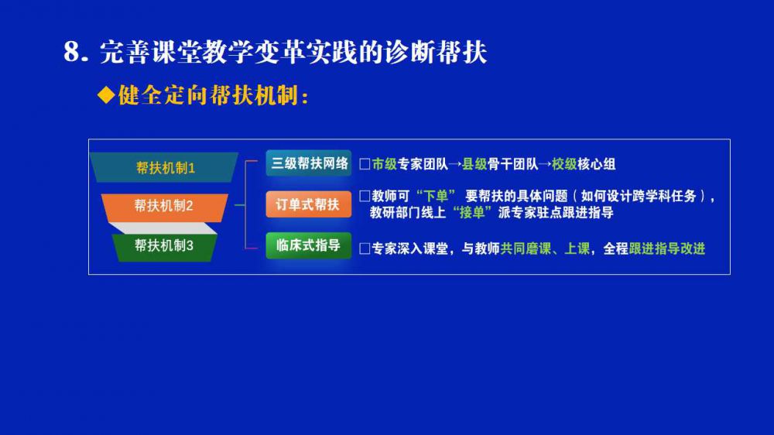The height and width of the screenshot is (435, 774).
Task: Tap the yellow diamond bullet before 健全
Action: pos(106,94)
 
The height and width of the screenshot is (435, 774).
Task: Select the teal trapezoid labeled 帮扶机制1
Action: pos(164,167)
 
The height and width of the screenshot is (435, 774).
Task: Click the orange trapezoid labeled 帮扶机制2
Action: pos(164,207)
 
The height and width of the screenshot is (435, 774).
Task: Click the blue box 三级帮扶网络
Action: pos(309,163)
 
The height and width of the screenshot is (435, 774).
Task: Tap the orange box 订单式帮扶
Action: pos(309,204)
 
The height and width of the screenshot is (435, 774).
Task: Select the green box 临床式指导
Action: pos(309,245)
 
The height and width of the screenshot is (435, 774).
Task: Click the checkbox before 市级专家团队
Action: pos(365,164)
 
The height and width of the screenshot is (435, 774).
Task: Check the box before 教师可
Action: pos(365,196)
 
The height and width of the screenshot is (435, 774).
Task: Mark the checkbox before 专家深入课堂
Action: pos(365,248)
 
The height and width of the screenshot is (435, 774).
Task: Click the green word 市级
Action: pos(385,164)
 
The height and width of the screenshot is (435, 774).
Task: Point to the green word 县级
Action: pos(474,164)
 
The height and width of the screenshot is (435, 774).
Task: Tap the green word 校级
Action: pos(564,164)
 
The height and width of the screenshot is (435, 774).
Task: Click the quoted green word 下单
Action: pos(436,196)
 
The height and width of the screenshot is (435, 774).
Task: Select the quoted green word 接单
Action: pos(472,213)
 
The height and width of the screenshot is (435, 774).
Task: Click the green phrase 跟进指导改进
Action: pos(667,248)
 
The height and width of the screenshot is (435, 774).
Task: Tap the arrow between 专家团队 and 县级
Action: pos(454,164)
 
